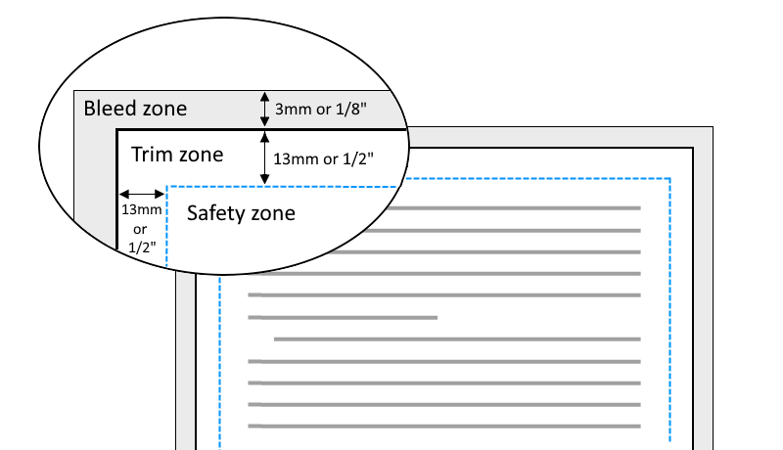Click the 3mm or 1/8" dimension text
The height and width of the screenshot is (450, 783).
321,109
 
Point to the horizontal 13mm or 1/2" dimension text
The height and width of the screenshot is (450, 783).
323,158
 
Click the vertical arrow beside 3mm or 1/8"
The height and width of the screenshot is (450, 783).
264,109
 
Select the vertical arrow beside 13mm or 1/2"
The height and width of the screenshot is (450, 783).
264,157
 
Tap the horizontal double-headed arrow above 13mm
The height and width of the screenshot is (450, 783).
142,194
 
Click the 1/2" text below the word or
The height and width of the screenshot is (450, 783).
142,247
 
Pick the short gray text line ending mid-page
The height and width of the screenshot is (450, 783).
343,317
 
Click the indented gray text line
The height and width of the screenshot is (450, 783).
457,339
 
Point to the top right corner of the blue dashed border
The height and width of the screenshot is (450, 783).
669,178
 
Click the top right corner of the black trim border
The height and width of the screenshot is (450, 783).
693,148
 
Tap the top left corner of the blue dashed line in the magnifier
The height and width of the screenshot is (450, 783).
166,187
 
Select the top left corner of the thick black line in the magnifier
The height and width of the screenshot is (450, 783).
117,130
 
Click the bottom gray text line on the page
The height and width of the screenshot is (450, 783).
444,427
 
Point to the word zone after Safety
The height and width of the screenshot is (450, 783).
273,214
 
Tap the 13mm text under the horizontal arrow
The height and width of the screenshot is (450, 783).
142,209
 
